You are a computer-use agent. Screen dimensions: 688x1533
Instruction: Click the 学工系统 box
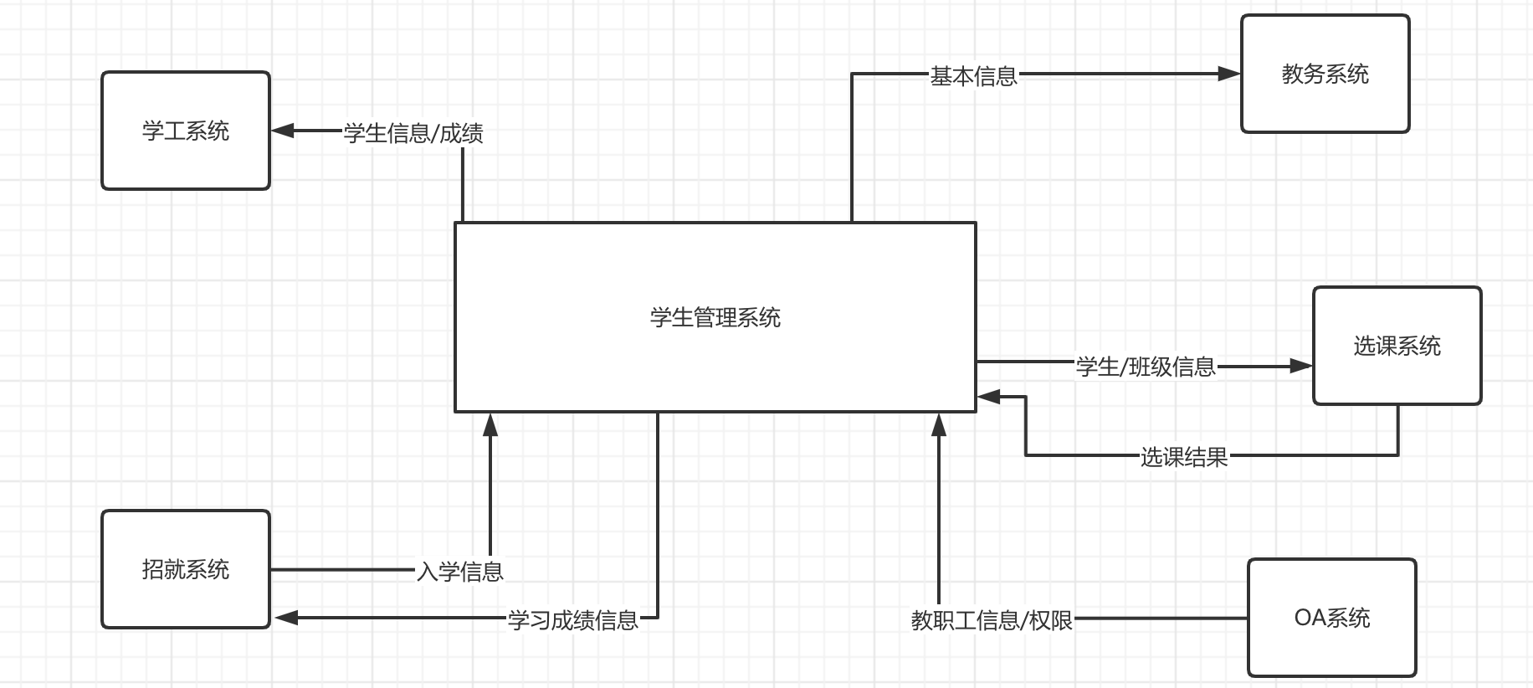(x=186, y=131)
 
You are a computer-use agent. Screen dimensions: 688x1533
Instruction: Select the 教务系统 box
(x=1325, y=74)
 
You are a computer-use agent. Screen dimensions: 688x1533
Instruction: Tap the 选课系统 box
(x=1397, y=346)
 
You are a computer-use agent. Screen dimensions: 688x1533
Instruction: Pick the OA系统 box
(x=1331, y=618)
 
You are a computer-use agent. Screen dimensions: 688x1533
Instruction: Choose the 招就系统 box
(x=186, y=569)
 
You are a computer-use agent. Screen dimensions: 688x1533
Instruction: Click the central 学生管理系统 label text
(x=715, y=317)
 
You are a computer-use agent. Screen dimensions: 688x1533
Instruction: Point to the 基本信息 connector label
(x=974, y=76)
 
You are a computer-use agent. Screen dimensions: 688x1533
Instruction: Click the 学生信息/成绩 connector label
(x=413, y=133)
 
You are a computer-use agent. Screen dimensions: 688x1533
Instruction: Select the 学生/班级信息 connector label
(x=1146, y=367)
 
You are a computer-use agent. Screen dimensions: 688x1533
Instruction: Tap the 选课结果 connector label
(x=1184, y=457)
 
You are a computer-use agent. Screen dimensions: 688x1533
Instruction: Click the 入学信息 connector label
(x=460, y=572)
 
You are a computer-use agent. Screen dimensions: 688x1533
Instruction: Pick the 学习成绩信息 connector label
(x=573, y=620)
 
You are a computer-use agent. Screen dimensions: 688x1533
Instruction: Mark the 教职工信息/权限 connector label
(x=992, y=620)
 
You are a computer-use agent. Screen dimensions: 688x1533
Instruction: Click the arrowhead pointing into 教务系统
(x=1229, y=74)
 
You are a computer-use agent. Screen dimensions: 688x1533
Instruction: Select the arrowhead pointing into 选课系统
(x=1301, y=366)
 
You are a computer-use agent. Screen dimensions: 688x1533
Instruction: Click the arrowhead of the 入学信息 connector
(x=490, y=424)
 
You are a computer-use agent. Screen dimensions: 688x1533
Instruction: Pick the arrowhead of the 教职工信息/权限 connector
(x=939, y=424)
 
